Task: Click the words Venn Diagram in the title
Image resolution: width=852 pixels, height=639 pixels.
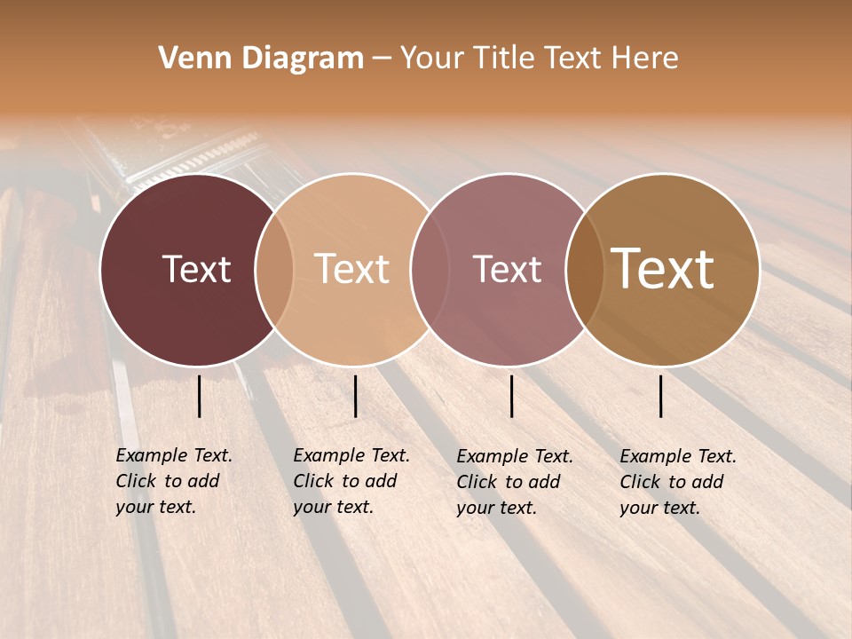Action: (261, 59)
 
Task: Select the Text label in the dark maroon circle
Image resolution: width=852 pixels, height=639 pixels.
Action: (196, 269)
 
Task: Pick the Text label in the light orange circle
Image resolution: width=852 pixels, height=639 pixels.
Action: (352, 269)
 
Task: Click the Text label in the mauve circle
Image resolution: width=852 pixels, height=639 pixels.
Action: (507, 269)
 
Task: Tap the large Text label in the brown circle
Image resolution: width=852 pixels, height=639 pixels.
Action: (663, 269)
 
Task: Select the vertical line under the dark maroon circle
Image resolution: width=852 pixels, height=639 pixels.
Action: (200, 396)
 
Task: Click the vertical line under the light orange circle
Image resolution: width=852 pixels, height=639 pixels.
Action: (355, 396)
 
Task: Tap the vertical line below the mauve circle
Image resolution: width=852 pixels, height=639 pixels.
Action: (512, 396)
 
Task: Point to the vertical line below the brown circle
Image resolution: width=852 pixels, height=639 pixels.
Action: (661, 396)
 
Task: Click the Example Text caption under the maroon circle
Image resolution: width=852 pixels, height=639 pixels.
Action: (174, 481)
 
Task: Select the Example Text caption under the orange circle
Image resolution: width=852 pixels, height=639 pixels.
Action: (351, 481)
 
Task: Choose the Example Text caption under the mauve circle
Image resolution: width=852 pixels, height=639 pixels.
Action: (515, 482)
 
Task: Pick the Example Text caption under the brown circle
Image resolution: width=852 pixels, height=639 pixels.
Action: (678, 482)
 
